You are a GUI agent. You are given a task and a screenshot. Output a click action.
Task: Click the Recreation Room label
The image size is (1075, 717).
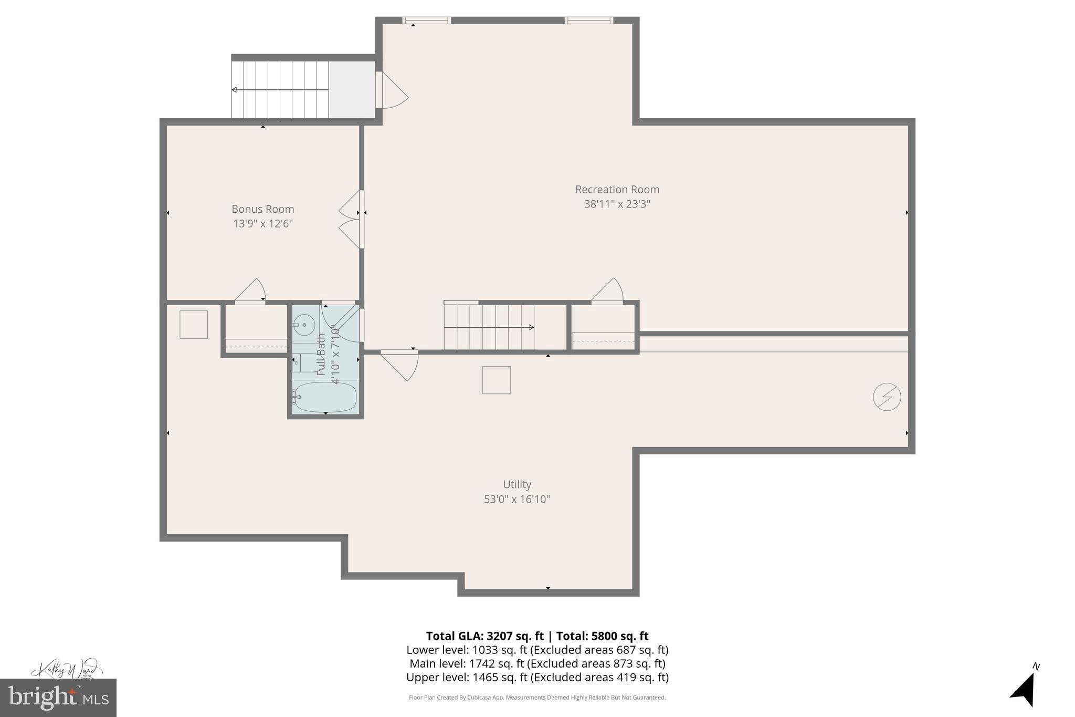tap(617, 190)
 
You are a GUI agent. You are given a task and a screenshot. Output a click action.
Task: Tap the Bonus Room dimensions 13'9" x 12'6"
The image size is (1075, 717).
tap(262, 224)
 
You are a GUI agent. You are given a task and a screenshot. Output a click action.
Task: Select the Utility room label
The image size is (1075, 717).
tap(517, 484)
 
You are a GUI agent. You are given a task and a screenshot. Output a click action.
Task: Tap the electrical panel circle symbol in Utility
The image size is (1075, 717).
tap(887, 397)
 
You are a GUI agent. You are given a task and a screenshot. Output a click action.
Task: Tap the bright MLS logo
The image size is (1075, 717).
tap(58, 698)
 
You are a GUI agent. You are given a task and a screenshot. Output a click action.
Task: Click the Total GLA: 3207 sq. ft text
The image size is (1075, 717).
tap(484, 636)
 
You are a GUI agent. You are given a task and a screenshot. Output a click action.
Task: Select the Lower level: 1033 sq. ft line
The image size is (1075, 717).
tap(537, 650)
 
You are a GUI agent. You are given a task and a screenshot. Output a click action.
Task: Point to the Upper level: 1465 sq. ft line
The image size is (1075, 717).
tap(537, 677)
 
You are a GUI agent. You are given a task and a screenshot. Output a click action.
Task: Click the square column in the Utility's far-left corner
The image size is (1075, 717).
tap(193, 324)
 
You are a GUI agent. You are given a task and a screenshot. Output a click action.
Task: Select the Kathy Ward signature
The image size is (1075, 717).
tap(66, 669)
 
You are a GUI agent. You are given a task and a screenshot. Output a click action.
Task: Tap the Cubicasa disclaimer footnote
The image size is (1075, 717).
tap(537, 698)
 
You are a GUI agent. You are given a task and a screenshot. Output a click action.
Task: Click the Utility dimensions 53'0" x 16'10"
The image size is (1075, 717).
tap(517, 499)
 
